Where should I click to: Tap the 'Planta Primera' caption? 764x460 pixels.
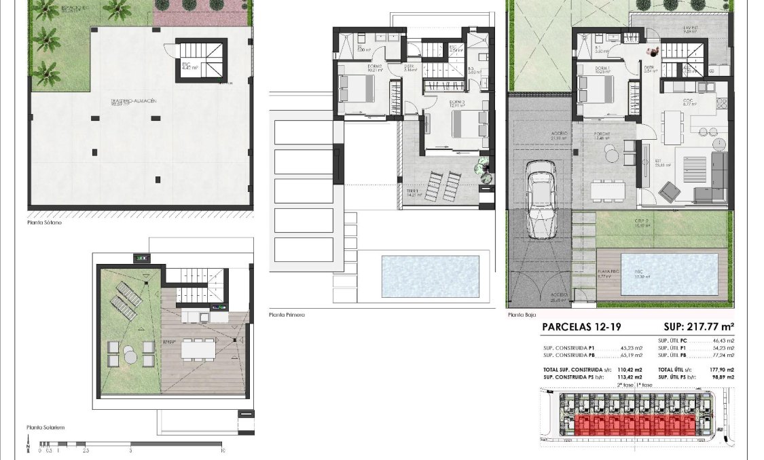click(287, 315)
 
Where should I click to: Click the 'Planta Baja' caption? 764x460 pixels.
click(521, 315)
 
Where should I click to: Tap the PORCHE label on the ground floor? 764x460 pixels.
click(602, 134)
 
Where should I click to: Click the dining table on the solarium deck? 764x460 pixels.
click(198, 349)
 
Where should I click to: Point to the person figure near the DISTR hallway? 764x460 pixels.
click(653, 52)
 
